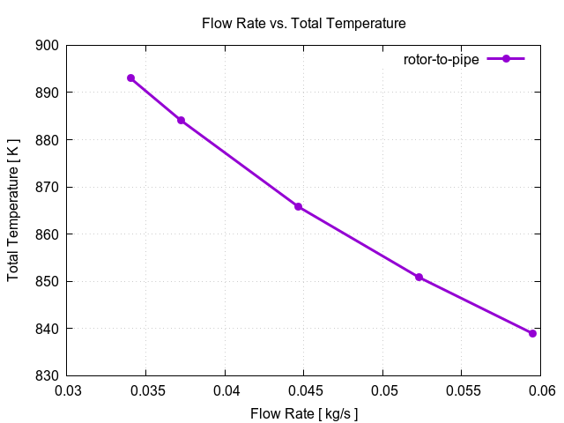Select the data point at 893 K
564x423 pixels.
click(130, 78)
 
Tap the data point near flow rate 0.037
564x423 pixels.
click(181, 120)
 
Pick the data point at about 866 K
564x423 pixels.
click(298, 206)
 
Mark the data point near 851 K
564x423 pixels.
click(419, 277)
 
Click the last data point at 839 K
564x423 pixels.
click(532, 333)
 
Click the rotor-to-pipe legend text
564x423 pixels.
click(442, 59)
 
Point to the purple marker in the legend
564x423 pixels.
click(506, 59)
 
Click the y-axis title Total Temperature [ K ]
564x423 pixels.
click(13, 211)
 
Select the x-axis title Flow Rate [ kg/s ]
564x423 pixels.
click(304, 413)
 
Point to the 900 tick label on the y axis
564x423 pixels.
click(48, 46)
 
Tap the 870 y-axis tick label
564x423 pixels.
click(48, 187)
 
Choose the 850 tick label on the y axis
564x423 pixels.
click(48, 282)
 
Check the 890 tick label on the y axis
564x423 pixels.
click(48, 93)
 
